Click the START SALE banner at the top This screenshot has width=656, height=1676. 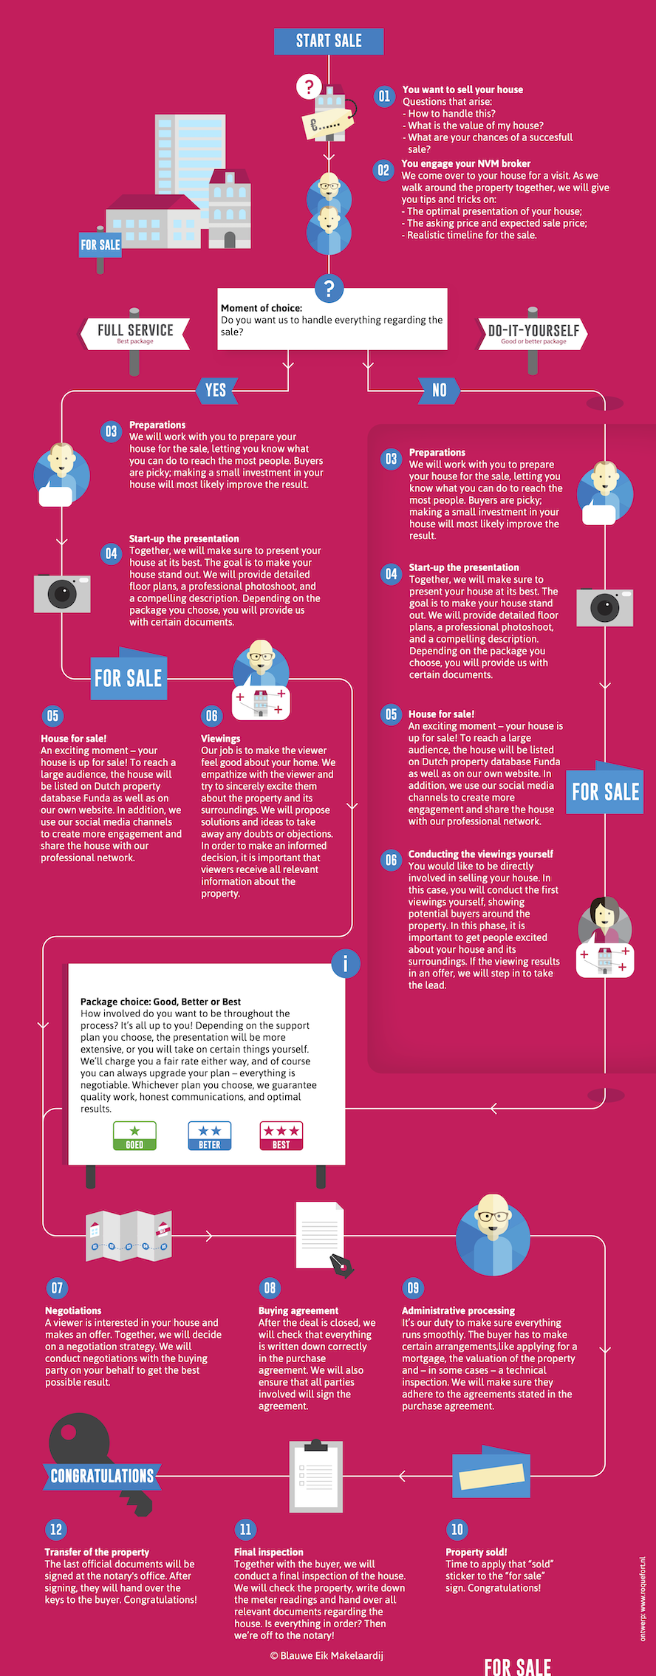click(329, 41)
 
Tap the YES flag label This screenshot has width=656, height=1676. click(216, 390)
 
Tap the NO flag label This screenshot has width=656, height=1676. click(440, 390)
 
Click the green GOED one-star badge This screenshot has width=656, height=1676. click(134, 1135)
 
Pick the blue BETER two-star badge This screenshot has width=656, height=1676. click(210, 1135)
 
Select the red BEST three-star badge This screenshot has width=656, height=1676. click(281, 1135)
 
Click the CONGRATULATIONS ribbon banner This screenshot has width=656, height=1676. click(102, 1476)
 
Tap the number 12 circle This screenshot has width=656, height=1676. click(56, 1529)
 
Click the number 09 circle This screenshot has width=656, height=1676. click(413, 1288)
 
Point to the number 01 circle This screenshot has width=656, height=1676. click(384, 96)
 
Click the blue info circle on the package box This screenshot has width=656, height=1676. click(345, 963)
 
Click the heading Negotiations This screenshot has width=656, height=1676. click(73, 1310)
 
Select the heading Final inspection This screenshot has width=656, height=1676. click(269, 1552)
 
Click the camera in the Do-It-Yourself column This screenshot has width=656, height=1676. click(605, 607)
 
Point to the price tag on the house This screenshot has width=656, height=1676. click(329, 120)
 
